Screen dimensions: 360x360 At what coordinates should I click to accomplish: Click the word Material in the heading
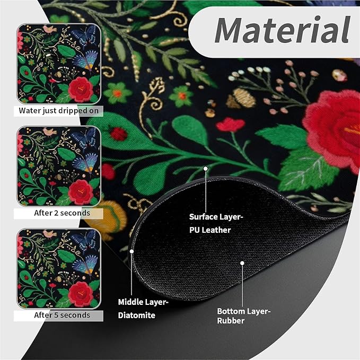coord(282,30)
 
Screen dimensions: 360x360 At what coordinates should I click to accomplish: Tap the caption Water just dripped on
coord(58,111)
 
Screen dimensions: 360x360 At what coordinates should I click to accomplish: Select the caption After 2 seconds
coord(62,213)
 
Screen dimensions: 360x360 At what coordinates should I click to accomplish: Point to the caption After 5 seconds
coord(62,315)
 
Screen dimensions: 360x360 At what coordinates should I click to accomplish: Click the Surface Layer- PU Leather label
coord(216,223)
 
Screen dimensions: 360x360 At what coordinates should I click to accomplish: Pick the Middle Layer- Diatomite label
coord(143,309)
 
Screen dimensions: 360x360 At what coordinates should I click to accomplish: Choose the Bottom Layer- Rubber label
coord(244,316)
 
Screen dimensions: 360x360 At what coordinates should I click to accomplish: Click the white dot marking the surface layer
coord(206,169)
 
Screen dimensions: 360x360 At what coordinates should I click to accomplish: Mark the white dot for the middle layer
coord(131,251)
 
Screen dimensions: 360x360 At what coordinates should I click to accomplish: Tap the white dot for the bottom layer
coord(242,263)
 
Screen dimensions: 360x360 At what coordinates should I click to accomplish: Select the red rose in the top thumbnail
coord(81,89)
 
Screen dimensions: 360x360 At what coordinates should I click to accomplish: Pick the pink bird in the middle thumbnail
coord(50,132)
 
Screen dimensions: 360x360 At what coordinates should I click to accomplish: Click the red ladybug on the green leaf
coord(118,134)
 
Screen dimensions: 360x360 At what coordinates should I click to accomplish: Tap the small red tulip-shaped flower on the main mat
coord(230,125)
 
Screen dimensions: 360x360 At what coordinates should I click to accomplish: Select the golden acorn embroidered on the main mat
coord(241,98)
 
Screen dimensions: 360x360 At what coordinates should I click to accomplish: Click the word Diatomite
coord(137,315)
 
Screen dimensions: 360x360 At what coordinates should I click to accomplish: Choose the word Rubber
coord(231,321)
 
